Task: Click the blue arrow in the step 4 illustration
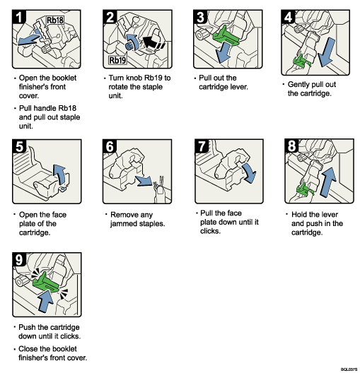pyautogui.click(x=327, y=57)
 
